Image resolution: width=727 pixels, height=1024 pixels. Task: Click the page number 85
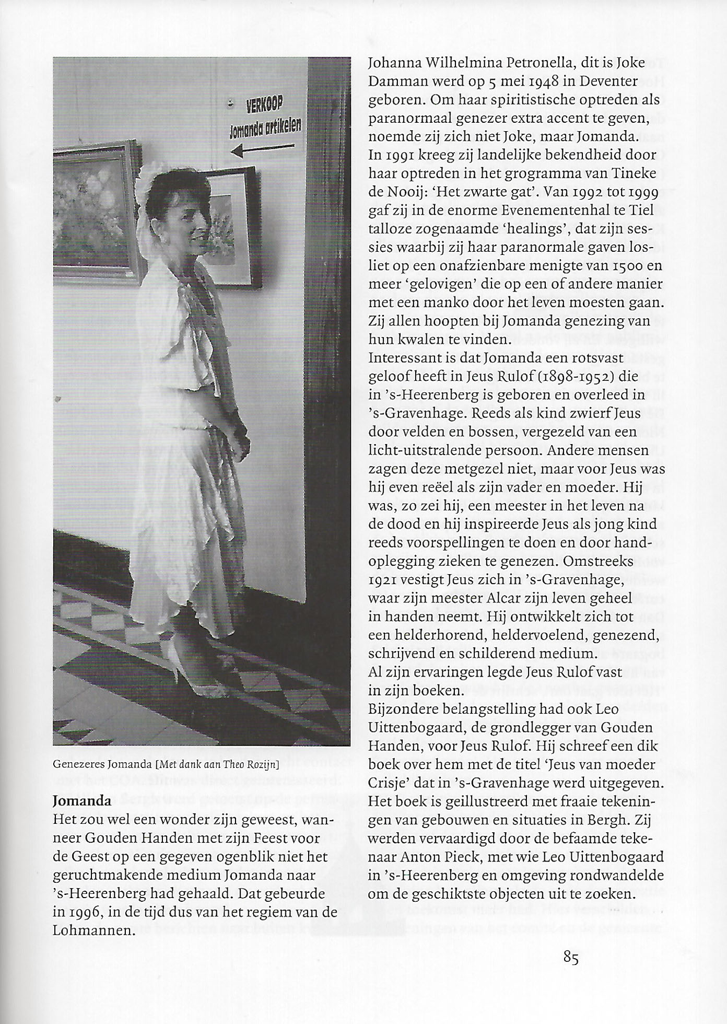pyautogui.click(x=571, y=958)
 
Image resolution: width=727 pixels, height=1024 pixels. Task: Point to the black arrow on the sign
pyautogui.click(x=257, y=150)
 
